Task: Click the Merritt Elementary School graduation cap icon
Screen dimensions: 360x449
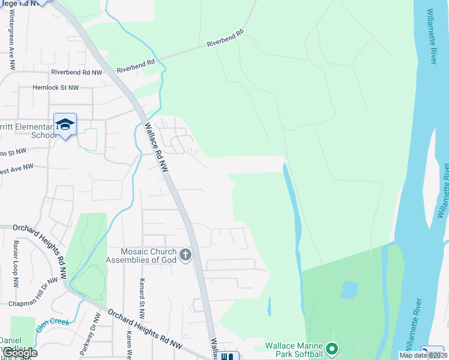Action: [x=65, y=124]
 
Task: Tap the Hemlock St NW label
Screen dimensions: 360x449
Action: [x=56, y=88]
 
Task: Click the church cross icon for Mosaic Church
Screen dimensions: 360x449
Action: [x=185, y=255]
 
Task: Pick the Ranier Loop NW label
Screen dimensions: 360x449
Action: [x=16, y=262]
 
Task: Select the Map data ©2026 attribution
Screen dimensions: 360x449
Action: [x=423, y=355]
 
